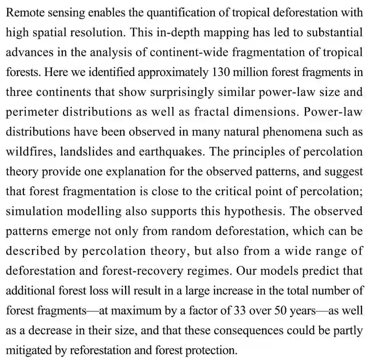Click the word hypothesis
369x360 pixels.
pyautogui.click(x=253, y=211)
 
